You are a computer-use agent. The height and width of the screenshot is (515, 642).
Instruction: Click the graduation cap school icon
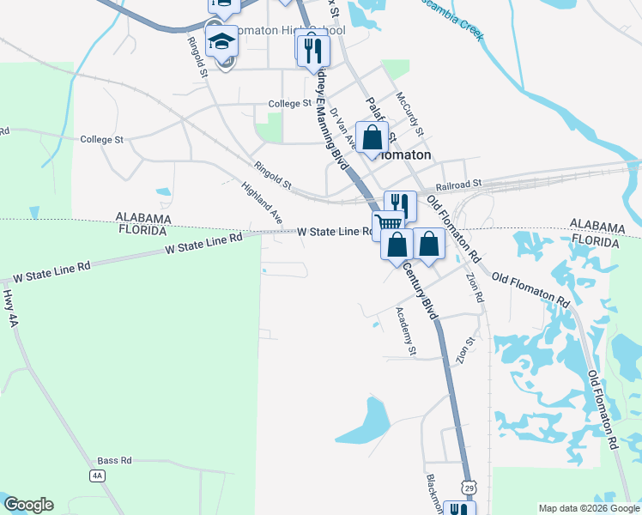pos(221,41)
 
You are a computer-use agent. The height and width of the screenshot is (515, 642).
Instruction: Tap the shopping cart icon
pos(389,225)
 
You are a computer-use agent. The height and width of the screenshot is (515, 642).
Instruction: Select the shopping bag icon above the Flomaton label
pos(372,137)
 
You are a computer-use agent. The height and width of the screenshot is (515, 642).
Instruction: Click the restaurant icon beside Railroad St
pos(400,204)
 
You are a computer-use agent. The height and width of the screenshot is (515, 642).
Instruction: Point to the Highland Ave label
pos(262,203)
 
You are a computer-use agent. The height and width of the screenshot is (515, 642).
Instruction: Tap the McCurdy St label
pos(410,113)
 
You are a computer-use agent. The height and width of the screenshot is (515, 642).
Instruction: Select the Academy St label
pos(405,332)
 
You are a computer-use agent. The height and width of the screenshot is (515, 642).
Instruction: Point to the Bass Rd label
pos(113,460)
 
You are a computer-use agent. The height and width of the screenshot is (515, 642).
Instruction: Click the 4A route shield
pos(97,475)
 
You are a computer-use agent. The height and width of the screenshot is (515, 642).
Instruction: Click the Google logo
pos(28,505)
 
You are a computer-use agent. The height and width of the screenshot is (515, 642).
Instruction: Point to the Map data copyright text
pos(587,508)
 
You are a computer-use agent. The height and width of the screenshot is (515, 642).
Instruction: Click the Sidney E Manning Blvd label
pos(330,116)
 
